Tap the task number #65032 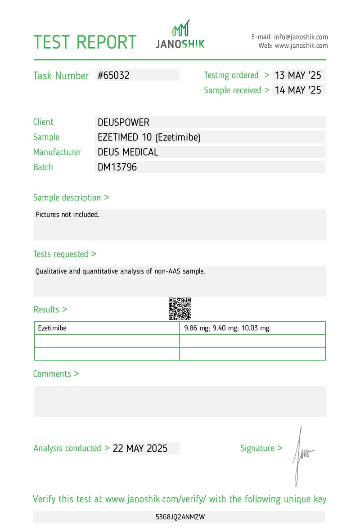coord(114,75)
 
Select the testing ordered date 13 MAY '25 coord(298,75)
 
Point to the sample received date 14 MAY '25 coord(298,90)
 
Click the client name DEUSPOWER coord(123,122)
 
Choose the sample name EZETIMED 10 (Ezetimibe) coord(149,137)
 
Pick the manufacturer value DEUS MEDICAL coord(128,152)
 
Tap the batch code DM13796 coord(117,167)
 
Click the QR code coord(180,309)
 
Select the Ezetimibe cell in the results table coord(52,328)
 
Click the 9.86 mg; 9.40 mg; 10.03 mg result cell coord(228,328)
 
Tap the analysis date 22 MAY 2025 coord(140,448)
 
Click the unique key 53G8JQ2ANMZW coord(180,517)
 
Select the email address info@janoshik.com coord(301,37)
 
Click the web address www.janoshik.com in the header coord(301,45)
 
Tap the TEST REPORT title coord(85,42)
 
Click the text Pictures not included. coord(67,215)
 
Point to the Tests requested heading coord(64,254)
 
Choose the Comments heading coord(56,374)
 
